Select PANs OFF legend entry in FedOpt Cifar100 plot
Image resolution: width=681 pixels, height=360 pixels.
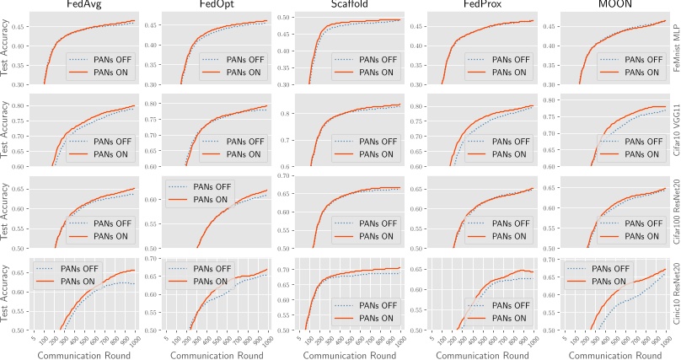pos(201,188)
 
